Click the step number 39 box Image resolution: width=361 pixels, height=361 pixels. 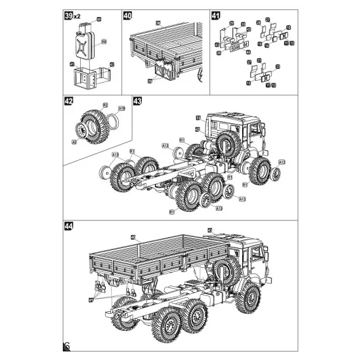67,15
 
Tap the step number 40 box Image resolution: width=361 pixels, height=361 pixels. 127,15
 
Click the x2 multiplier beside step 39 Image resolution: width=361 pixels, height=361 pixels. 77,16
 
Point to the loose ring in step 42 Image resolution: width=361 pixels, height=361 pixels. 115,121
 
